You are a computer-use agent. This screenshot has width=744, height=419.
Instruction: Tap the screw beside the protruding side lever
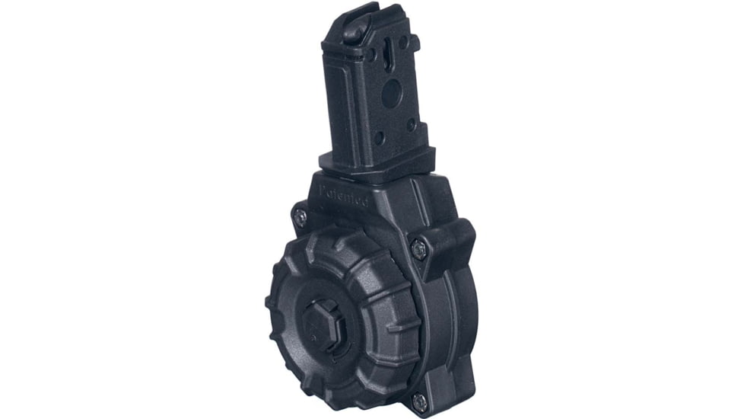(x=418, y=248)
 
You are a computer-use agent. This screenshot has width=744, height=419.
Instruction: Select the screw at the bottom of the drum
(x=418, y=401)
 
